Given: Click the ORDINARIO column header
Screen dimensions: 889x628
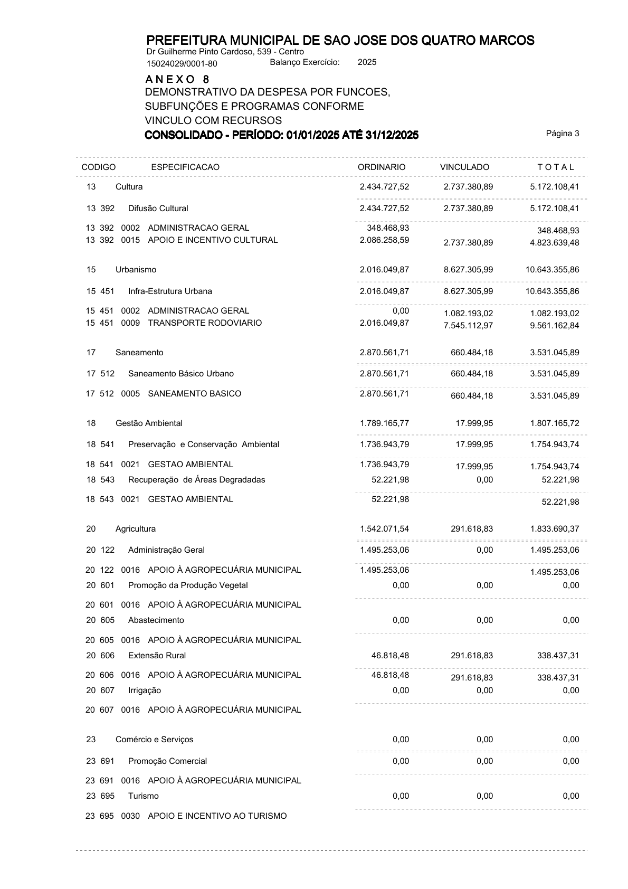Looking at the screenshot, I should pos(382,167).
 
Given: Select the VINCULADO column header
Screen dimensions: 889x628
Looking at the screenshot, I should pos(464,167).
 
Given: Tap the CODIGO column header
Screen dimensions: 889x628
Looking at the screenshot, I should pos(99,167).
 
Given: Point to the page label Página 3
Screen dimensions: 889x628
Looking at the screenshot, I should pos(563,134).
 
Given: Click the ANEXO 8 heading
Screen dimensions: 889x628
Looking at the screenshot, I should pos(177,79).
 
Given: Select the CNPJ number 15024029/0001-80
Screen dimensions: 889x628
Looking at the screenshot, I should pos(182,64).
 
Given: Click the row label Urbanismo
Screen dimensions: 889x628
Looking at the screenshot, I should pos(136,270).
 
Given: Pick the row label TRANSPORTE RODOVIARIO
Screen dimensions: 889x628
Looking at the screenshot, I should pos(205,323).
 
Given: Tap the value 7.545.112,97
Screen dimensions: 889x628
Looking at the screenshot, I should pos(469,326).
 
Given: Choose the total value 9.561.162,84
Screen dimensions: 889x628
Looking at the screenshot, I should pos(555,326).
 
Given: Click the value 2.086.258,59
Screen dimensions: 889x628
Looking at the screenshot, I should pos(384,240).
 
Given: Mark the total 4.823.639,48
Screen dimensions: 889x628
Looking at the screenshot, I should pos(555,243).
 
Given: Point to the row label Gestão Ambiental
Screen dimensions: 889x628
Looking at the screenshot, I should pos(149,423).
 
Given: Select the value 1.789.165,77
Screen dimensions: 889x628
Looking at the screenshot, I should pos(384,423).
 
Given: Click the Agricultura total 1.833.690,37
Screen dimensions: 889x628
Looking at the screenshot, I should pos(555,529).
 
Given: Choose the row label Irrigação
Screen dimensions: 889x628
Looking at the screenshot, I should pos(145,691).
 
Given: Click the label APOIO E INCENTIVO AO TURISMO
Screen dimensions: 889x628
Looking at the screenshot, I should pos(217,816).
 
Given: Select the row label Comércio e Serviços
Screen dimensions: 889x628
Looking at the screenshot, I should pos(154,740).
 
